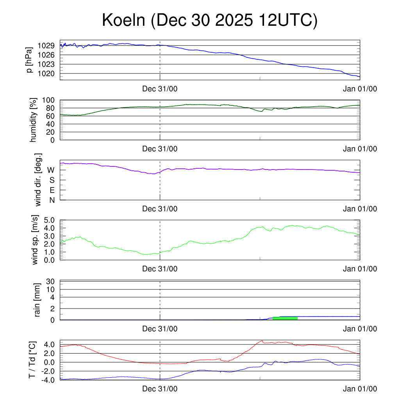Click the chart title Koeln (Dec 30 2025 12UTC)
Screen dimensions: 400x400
[x=210, y=20]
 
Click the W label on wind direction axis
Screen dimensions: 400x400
[x=51, y=170]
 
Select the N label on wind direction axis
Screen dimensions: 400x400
[x=52, y=200]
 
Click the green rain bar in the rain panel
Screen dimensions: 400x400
[x=285, y=318]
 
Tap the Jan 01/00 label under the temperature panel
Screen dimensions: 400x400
[x=360, y=389]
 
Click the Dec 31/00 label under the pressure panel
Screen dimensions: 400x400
[x=160, y=89]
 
